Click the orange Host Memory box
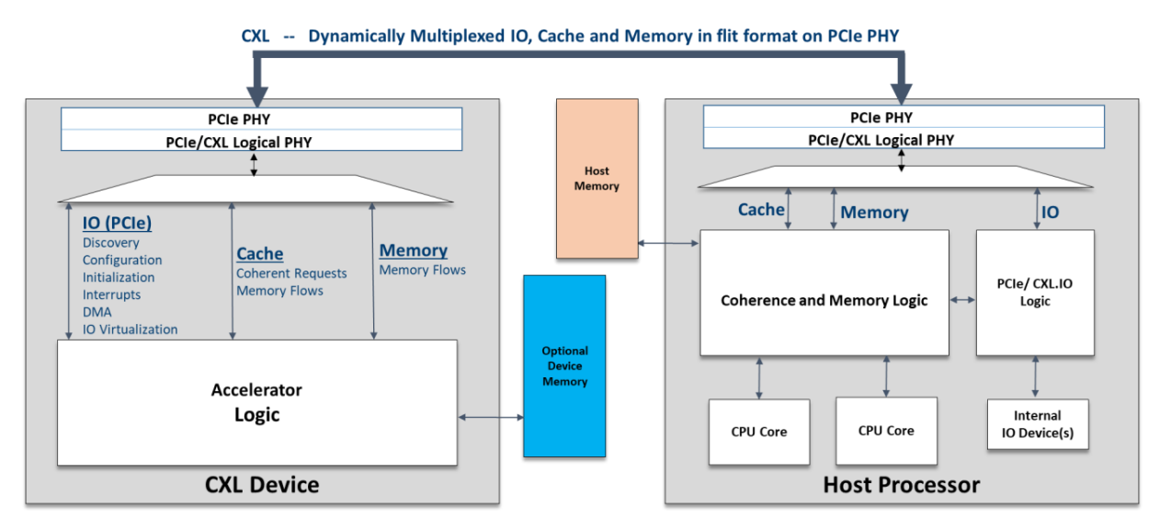click(x=597, y=179)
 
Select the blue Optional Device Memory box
click(x=564, y=365)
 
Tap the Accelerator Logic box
click(x=256, y=402)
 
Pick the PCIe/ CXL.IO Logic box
click(x=1034, y=293)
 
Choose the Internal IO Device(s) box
click(x=1037, y=423)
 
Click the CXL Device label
click(x=262, y=484)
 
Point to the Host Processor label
click(x=901, y=484)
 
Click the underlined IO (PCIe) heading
click(x=117, y=223)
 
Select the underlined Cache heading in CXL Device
click(x=260, y=254)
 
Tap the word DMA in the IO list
click(x=97, y=312)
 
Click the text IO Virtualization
click(x=130, y=329)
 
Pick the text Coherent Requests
click(x=291, y=273)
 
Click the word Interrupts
click(x=111, y=294)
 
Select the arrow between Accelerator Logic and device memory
click(x=490, y=418)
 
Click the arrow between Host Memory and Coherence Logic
click(x=669, y=244)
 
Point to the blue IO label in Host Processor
click(x=1050, y=213)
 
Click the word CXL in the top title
click(x=256, y=36)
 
